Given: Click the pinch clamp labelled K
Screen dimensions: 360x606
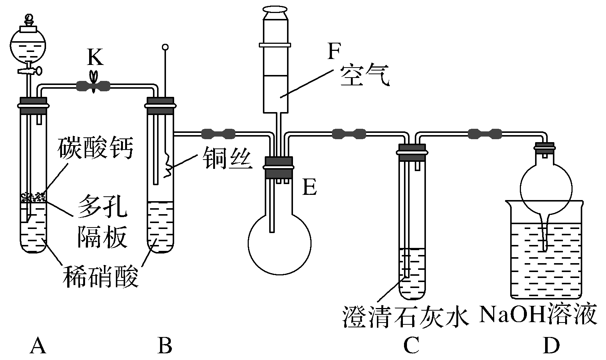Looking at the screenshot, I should pyautogui.click(x=93, y=86).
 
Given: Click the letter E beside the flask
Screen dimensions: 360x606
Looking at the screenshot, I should pyautogui.click(x=309, y=187).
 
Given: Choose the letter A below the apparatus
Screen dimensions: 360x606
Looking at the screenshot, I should pyautogui.click(x=38, y=346).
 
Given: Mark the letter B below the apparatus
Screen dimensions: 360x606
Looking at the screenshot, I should pyautogui.click(x=164, y=346).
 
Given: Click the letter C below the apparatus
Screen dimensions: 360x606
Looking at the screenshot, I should pyautogui.click(x=411, y=346).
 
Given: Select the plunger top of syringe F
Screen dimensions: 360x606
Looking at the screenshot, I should pyautogui.click(x=275, y=9).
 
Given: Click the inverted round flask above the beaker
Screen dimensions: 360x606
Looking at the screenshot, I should pyautogui.click(x=545, y=189).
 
